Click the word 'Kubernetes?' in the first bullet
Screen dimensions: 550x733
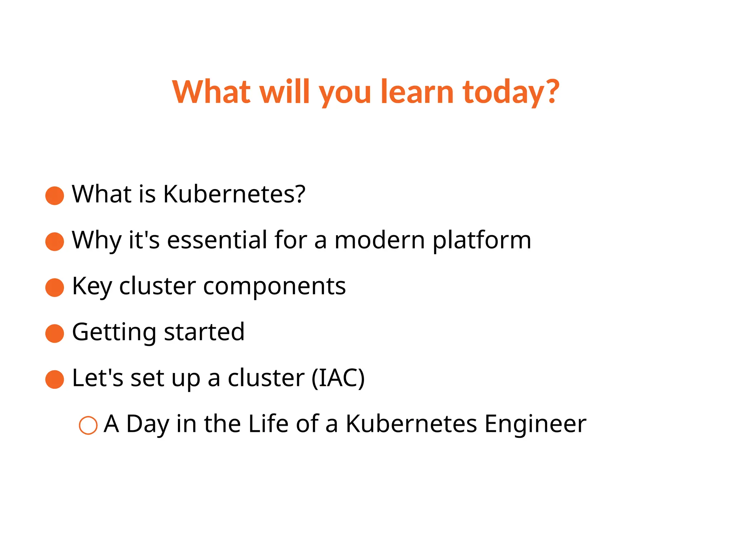click(x=234, y=194)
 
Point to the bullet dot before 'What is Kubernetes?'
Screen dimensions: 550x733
click(x=55, y=196)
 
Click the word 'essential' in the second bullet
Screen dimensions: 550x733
click(x=217, y=240)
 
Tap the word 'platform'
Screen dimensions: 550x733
click(x=482, y=240)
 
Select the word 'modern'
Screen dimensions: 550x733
click(x=379, y=240)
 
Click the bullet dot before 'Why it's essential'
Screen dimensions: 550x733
click(x=55, y=241)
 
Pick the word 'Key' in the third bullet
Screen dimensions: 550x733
click(x=92, y=286)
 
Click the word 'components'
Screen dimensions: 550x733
click(x=275, y=286)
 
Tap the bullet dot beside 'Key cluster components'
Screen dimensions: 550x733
click(x=55, y=288)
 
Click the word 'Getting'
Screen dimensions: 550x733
click(x=114, y=332)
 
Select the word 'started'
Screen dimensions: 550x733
click(x=204, y=332)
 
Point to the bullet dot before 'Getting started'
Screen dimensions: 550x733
click(x=55, y=333)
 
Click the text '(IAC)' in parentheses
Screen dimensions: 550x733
click(x=338, y=378)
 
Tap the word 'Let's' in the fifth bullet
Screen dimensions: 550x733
click(x=98, y=378)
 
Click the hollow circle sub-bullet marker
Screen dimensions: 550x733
click(x=88, y=425)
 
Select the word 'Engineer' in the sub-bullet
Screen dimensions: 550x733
click(x=535, y=424)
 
